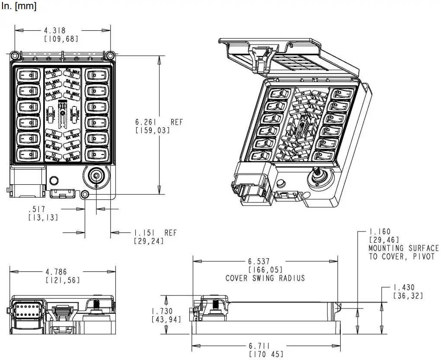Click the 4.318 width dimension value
(54, 31)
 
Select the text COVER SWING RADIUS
(265, 278)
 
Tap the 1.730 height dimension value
(162, 311)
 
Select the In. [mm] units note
(19, 6)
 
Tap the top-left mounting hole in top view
(15, 55)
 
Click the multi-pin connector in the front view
(27, 312)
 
